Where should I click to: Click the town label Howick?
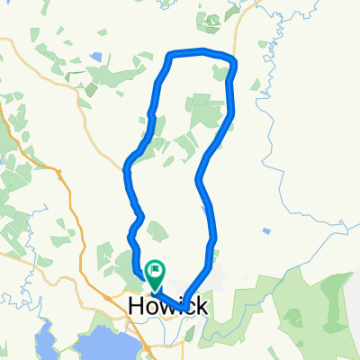168,306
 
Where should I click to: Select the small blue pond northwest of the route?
95,58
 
